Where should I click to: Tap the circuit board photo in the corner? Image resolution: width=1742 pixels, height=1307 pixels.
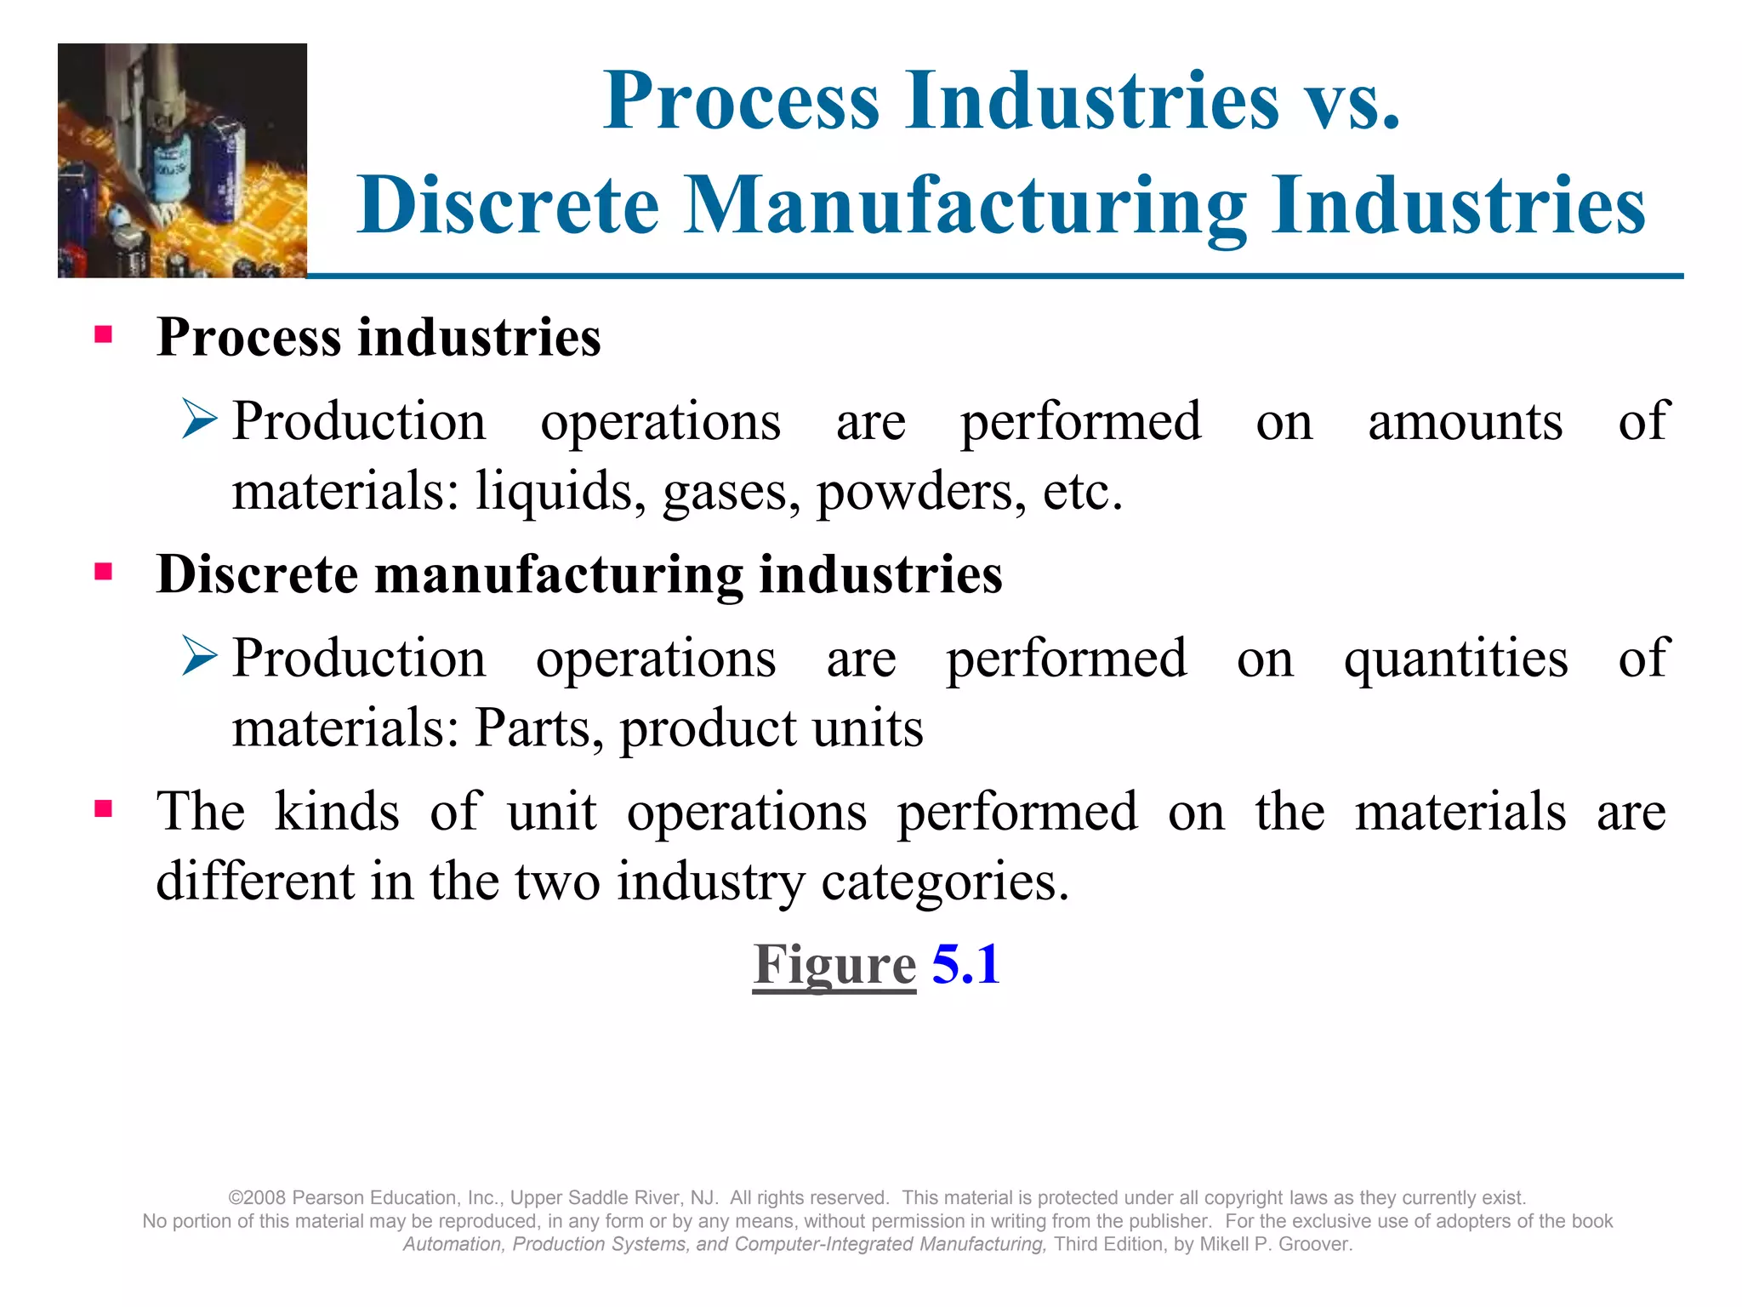point(182,160)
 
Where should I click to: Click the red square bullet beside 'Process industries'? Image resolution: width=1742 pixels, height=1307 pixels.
point(104,334)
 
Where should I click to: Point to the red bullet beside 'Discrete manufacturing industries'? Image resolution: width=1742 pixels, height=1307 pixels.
point(104,571)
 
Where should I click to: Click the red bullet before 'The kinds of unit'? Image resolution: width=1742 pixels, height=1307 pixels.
point(104,808)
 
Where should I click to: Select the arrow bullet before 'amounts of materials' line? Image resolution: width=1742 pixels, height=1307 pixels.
point(201,420)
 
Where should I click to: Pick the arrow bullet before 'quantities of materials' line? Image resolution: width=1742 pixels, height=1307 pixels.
point(201,657)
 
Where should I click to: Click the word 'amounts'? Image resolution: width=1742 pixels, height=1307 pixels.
point(1465,422)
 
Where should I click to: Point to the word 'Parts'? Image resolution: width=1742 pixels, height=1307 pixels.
point(538,728)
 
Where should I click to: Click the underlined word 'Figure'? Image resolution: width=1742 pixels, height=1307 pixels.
point(834,965)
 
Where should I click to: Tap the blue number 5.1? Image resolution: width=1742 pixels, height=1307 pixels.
point(965,965)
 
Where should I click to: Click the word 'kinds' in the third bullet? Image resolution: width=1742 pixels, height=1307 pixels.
point(337,812)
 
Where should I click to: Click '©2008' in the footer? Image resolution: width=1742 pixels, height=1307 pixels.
point(257,1198)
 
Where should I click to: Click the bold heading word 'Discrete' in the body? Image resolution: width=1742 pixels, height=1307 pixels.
point(257,574)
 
